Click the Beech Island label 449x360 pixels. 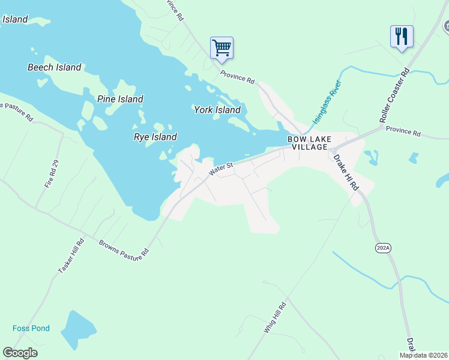pos(54,67)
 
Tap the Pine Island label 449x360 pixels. pos(120,99)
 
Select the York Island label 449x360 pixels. pos(217,110)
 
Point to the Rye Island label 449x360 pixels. pos(155,137)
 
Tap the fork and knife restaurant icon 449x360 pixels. pos(401,36)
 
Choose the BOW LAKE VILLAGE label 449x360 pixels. pos(308,143)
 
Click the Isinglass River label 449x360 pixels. pos(326,102)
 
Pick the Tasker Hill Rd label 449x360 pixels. pos(71,256)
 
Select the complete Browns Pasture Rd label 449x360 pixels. pos(124,250)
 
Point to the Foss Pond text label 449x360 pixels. pos(31,328)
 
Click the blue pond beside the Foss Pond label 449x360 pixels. pos(78,328)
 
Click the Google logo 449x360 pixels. pos(20,353)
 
